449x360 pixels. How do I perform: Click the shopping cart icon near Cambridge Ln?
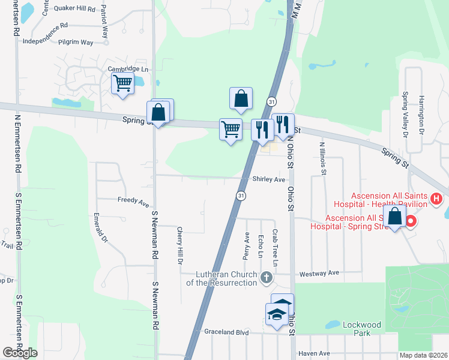pos(122,83)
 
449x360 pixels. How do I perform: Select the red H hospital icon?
pos(436,198)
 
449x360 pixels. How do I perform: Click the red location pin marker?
pos(411,222)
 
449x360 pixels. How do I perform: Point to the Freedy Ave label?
pos(133,202)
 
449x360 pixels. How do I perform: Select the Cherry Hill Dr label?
pos(179,245)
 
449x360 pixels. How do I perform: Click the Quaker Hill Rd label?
pos(74,9)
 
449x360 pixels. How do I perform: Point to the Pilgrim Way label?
pos(76,43)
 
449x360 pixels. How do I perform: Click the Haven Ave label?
pos(315,353)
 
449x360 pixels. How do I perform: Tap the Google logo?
pos(20,353)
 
